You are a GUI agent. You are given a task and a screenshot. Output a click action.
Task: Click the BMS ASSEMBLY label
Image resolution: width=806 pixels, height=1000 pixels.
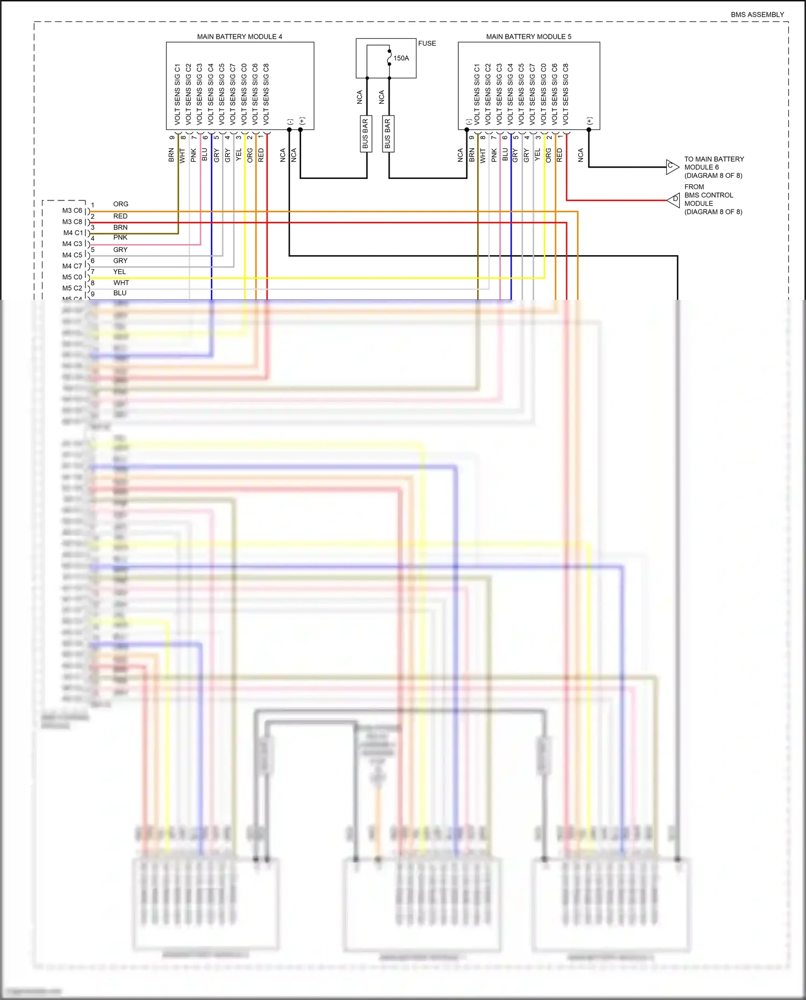[x=757, y=15]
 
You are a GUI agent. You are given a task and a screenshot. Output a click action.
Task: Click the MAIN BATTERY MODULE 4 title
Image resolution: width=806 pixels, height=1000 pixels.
[x=239, y=37]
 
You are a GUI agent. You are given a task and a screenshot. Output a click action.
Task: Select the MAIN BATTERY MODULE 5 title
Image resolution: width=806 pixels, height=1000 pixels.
[x=528, y=37]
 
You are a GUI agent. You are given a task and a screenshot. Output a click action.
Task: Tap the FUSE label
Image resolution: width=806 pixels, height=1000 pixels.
[x=427, y=44]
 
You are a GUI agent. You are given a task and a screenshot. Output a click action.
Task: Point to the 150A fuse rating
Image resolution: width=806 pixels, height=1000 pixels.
[x=401, y=58]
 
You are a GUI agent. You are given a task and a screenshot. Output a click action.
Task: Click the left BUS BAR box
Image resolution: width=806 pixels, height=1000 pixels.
[x=365, y=133]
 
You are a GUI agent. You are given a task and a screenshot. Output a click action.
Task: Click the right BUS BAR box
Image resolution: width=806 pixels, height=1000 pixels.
[x=388, y=133]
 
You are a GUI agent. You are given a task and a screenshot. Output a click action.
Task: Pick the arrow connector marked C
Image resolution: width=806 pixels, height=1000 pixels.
[x=672, y=167]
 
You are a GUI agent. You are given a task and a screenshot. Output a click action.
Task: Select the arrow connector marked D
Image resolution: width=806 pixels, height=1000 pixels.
[x=674, y=200]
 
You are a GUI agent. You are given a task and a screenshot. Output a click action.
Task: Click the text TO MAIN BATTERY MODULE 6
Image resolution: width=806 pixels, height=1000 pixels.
[x=714, y=167]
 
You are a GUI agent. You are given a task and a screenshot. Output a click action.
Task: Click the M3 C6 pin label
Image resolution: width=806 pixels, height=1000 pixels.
[x=72, y=211]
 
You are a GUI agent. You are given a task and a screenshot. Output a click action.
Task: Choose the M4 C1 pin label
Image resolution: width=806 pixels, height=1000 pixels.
[x=73, y=233]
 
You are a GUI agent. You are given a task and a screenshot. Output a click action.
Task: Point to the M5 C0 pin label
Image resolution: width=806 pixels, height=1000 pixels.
[x=72, y=277]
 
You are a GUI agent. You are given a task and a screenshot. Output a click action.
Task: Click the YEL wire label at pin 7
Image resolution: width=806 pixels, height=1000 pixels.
[x=119, y=272]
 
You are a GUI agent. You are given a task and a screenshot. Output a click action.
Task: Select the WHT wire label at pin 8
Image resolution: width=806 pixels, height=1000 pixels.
[x=121, y=283]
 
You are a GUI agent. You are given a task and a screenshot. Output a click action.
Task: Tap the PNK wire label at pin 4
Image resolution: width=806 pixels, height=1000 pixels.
[x=120, y=238]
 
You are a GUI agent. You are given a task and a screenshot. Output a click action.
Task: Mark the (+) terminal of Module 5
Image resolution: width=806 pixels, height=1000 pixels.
[x=589, y=121]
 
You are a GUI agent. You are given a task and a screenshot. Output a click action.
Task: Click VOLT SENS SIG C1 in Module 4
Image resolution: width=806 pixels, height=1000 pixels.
[x=177, y=95]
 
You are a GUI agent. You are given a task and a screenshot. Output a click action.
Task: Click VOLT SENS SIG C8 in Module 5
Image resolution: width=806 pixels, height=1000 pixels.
[x=565, y=95]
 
